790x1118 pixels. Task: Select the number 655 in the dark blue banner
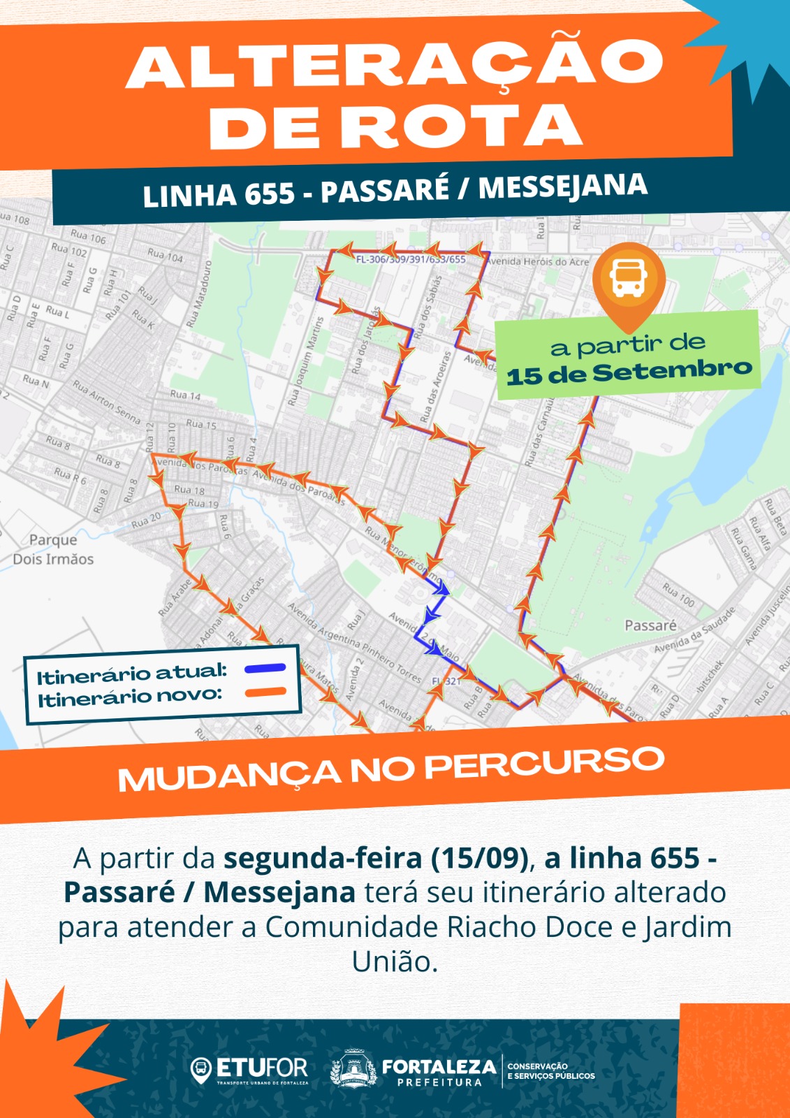pos(268,194)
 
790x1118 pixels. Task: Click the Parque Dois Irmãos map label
pos(53,549)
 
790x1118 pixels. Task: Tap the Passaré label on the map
pos(650,625)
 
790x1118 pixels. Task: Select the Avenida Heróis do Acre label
pos(539,261)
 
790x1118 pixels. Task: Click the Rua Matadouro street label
pos(198,294)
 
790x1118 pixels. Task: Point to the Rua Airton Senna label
pos(106,401)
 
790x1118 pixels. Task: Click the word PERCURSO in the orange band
pos(544,764)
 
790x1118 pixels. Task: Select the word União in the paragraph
pos(394,962)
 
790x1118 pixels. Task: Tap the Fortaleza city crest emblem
pos(353,1069)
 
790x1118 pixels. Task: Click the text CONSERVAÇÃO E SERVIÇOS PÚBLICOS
pos(550,1070)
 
